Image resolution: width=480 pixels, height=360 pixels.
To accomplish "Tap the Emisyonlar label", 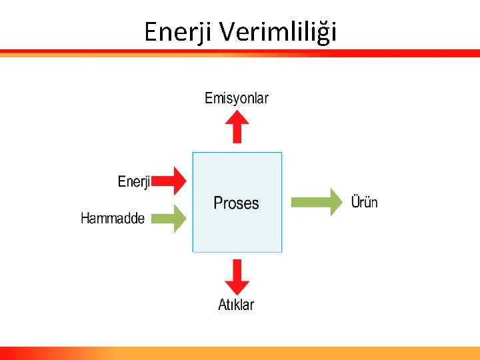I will pyautogui.click(x=236, y=99).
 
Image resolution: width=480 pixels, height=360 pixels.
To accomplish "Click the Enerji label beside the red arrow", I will pyautogui.click(x=134, y=181).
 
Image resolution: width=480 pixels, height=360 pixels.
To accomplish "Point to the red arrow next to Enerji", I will pyautogui.click(x=172, y=181).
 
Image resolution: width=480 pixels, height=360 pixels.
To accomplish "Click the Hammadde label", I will pyautogui.click(x=113, y=218).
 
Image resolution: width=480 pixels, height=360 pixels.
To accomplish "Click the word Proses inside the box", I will pyautogui.click(x=236, y=203).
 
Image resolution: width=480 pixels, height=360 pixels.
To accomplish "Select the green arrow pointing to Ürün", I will pyautogui.click(x=316, y=202).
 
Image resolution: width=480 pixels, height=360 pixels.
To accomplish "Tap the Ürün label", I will pyautogui.click(x=364, y=201).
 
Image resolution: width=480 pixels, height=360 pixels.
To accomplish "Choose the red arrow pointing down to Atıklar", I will pyautogui.click(x=236, y=276).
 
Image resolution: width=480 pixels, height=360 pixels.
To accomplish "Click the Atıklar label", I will pyautogui.click(x=236, y=305).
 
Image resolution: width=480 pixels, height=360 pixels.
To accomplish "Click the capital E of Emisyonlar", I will pyautogui.click(x=209, y=99).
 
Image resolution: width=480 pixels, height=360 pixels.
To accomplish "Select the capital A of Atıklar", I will pyautogui.click(x=223, y=305).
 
